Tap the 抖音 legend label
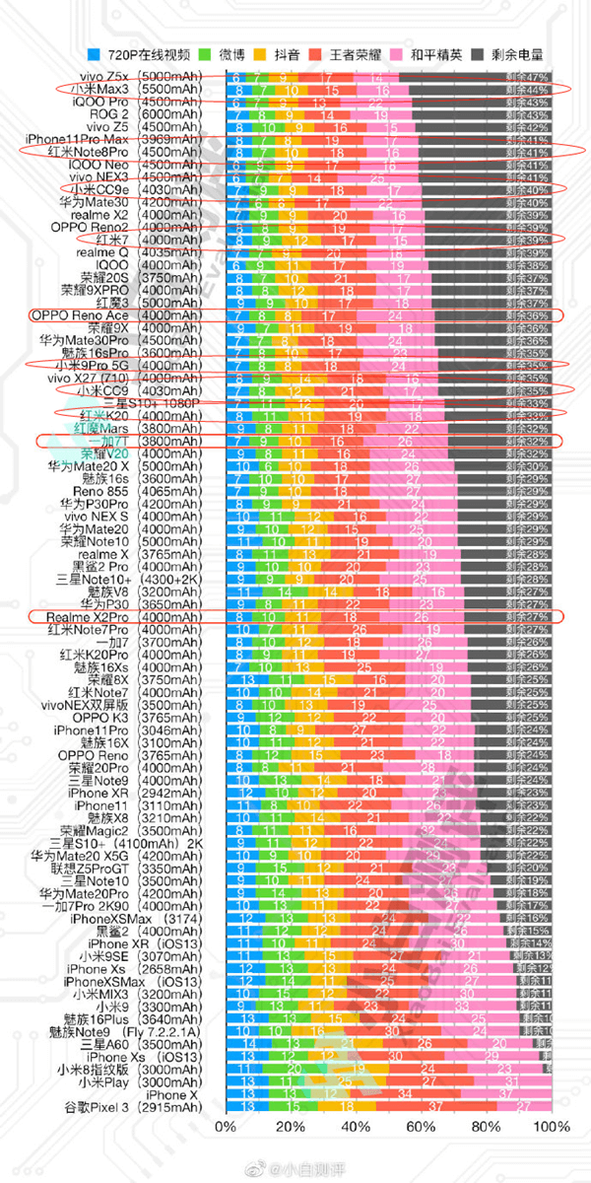coord(299,56)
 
